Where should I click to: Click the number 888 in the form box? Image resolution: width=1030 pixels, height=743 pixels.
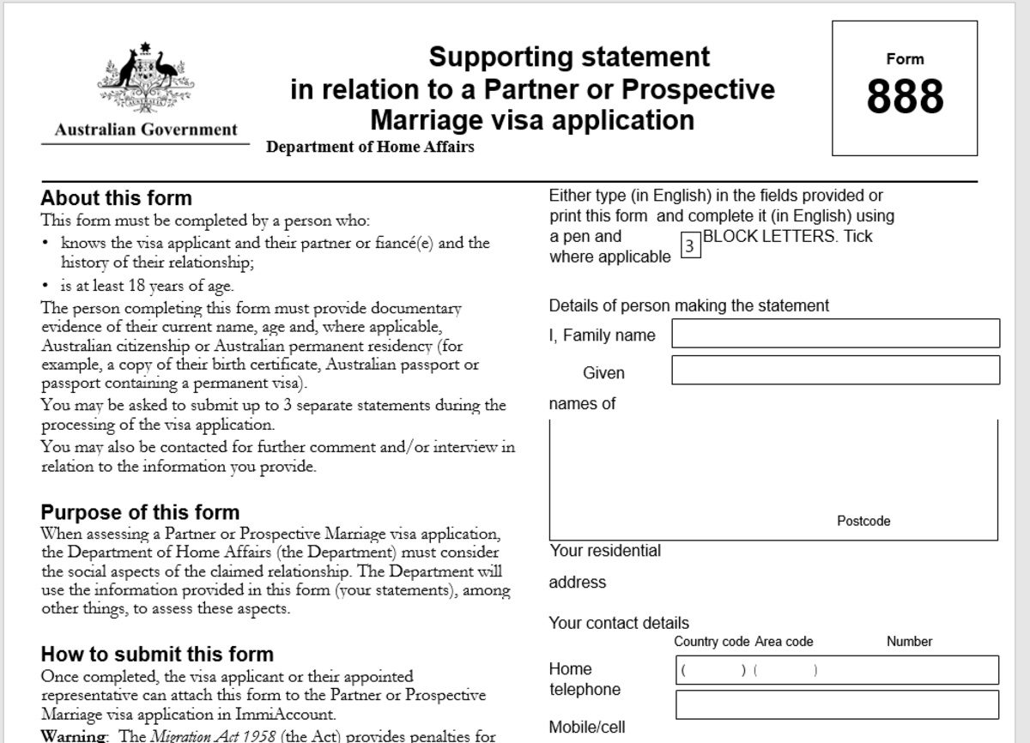(x=905, y=96)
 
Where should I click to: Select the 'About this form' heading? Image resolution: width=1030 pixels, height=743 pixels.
(x=116, y=198)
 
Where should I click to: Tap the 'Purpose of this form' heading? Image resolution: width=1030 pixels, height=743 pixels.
(x=140, y=512)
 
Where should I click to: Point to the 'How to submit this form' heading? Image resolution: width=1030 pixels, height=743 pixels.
(x=157, y=655)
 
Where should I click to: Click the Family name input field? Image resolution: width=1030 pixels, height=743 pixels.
(x=835, y=333)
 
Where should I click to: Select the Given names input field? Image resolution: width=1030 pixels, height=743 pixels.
(x=835, y=370)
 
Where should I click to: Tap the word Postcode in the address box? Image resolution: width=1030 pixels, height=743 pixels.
(x=863, y=521)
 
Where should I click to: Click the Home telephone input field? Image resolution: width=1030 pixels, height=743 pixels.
(x=837, y=669)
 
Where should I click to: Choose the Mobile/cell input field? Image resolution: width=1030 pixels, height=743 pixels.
(x=837, y=704)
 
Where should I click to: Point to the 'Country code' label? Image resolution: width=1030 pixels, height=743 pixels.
(x=712, y=642)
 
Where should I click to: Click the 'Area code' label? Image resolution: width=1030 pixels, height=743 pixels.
(x=784, y=642)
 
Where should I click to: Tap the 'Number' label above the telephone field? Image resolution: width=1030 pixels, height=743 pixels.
(x=909, y=642)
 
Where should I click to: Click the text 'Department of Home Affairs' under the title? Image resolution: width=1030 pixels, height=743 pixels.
(x=370, y=147)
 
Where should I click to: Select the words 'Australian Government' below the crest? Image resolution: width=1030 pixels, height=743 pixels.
(x=146, y=130)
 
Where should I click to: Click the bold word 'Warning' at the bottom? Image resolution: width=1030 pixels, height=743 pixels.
(x=73, y=735)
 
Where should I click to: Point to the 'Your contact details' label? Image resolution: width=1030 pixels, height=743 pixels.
(x=619, y=623)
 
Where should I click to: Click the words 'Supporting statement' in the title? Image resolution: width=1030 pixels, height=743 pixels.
(x=569, y=57)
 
